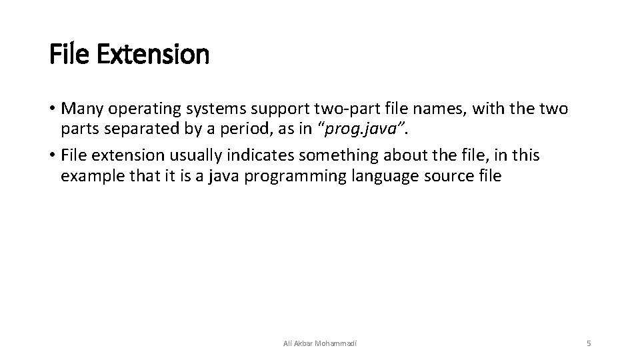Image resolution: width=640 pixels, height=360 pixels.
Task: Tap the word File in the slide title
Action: tap(72, 55)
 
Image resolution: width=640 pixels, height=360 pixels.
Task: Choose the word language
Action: tap(380, 175)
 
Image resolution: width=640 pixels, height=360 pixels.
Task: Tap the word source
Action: tap(444, 175)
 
